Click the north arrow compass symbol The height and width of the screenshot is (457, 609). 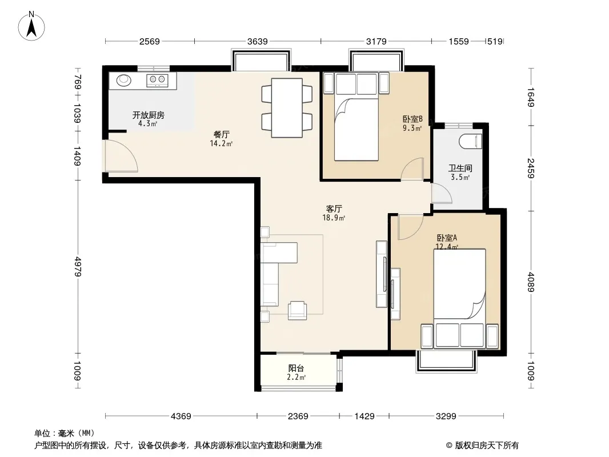pos(31,26)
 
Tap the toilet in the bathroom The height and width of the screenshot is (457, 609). pos(470,141)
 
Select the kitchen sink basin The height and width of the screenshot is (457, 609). pos(124,80)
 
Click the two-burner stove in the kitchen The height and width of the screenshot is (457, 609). pos(157,81)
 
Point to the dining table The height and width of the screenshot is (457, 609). pos(287,108)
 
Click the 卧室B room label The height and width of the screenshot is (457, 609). pos(412,119)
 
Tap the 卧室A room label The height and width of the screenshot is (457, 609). pos(447,238)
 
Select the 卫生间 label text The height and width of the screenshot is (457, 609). pos(460,168)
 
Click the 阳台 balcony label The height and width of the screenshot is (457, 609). pos(296,368)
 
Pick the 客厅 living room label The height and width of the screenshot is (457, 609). pos(334,209)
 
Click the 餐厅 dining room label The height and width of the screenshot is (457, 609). pos(222,134)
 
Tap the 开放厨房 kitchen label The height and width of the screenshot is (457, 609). pos(149,115)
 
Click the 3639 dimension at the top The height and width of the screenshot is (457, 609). pos(258,42)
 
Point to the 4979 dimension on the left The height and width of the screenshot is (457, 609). pos(78,266)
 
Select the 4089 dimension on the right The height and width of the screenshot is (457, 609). pos(531,282)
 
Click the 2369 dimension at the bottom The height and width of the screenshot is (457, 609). pos(298,416)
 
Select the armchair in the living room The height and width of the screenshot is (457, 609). pos(298,310)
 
